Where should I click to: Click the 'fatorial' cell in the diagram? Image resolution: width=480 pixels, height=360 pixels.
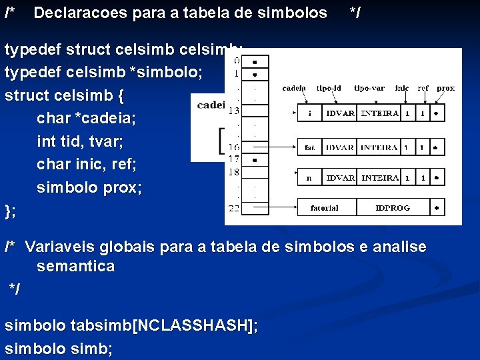point(324,208)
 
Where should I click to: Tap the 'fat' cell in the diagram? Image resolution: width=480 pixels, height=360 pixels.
point(309,147)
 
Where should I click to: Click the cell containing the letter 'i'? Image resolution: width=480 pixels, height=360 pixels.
point(309,113)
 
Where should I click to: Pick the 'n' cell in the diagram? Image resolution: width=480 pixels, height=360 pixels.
point(309,178)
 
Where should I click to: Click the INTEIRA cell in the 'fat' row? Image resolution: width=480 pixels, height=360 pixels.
point(379,147)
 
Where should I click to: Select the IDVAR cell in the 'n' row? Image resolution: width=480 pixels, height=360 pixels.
point(340,178)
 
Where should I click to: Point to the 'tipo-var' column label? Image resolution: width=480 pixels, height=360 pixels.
point(369,88)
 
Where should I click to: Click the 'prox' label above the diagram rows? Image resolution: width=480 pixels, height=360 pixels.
point(445,88)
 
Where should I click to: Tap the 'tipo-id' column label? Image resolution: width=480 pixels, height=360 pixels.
point(329,88)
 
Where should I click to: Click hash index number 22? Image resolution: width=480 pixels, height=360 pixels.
point(233,209)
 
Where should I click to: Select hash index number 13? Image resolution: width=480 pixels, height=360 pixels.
point(233,110)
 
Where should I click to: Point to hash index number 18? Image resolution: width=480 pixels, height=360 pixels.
point(233,172)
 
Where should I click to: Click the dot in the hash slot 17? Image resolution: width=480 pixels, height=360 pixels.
point(255,160)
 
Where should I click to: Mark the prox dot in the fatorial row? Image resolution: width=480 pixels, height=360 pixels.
point(437,208)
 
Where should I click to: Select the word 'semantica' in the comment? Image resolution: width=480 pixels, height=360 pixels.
point(75,267)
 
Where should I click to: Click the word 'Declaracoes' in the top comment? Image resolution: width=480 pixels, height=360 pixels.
point(76,13)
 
